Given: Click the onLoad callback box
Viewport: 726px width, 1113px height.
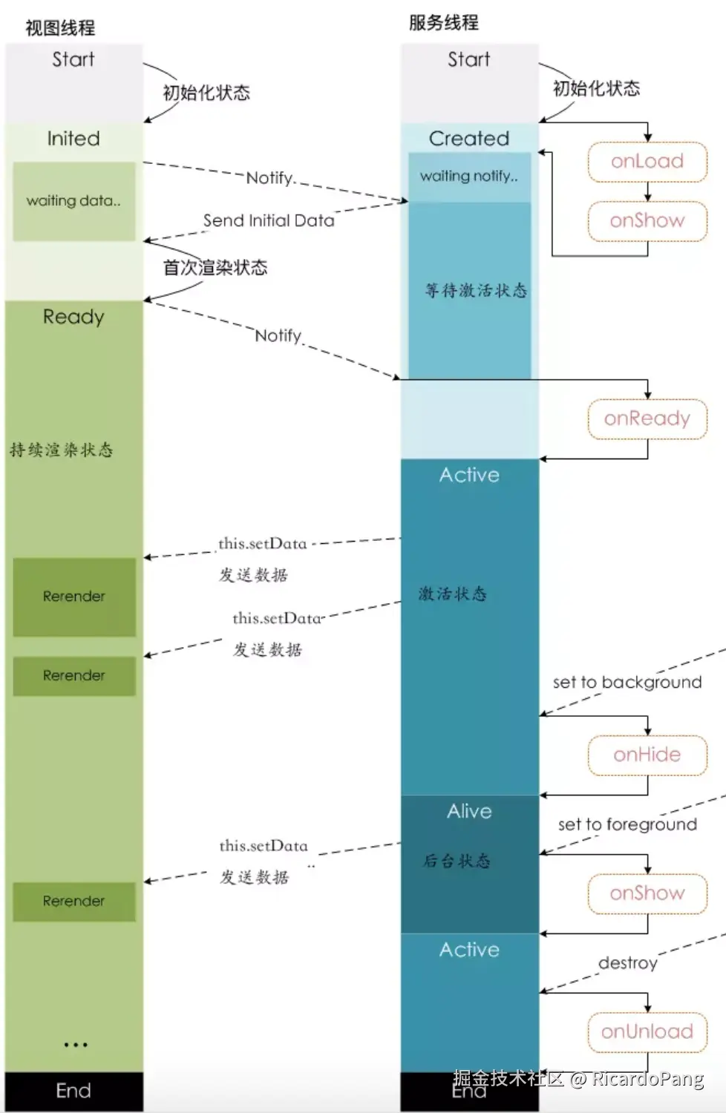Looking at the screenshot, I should click(647, 162).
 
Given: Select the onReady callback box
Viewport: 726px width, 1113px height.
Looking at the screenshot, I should click(647, 419).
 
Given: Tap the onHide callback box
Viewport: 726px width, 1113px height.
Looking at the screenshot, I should click(647, 755).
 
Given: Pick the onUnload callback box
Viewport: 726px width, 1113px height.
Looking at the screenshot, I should click(647, 1032).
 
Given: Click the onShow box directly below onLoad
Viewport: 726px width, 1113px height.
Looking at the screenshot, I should click(647, 221).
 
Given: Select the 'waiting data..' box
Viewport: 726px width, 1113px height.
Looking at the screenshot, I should click(73, 201).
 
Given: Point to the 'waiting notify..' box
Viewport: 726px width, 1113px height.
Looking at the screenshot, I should click(469, 177).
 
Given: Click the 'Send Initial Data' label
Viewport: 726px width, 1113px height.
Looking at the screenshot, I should click(269, 220).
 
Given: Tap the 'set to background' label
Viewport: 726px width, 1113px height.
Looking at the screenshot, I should click(627, 683).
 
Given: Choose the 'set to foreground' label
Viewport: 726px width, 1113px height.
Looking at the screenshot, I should click(627, 824).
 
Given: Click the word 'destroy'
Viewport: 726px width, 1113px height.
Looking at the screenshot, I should click(628, 963).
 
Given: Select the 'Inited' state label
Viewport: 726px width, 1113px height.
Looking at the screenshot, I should click(73, 139).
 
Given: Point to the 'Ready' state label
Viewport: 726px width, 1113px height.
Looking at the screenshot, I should click(73, 317).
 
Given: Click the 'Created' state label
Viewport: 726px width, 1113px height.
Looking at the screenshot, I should click(469, 139).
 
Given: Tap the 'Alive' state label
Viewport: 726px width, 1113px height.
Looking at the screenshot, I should click(469, 812).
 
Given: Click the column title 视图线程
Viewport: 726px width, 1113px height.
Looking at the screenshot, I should click(60, 28).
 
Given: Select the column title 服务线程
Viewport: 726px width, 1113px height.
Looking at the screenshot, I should click(443, 23).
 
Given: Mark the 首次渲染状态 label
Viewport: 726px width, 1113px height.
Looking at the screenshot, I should click(215, 268).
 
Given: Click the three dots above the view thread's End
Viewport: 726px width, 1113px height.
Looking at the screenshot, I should click(75, 1045).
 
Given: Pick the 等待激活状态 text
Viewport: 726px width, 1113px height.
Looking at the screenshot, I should click(476, 290).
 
